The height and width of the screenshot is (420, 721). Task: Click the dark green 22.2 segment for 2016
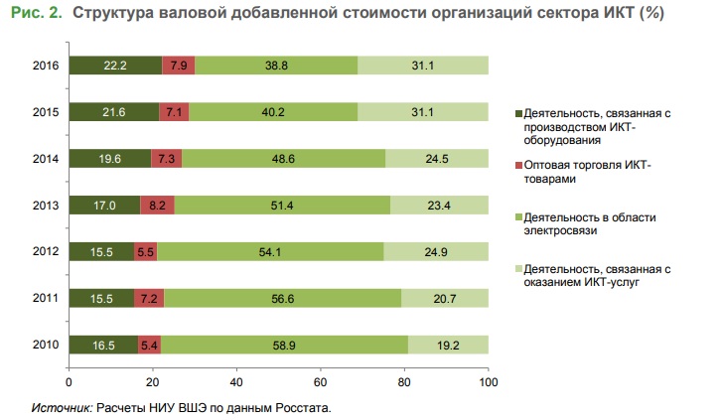(x=115, y=66)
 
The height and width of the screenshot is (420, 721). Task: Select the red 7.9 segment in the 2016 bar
(x=179, y=66)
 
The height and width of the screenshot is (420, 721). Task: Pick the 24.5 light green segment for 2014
(x=437, y=159)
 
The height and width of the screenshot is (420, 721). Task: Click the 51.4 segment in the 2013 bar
(x=282, y=206)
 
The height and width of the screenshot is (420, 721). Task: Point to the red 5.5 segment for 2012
(x=146, y=252)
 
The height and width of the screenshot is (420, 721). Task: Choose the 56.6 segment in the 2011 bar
(x=282, y=298)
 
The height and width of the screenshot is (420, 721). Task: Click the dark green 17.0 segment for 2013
(x=104, y=206)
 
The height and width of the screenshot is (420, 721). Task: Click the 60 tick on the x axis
(x=320, y=380)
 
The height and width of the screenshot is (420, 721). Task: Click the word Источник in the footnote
(x=62, y=407)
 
